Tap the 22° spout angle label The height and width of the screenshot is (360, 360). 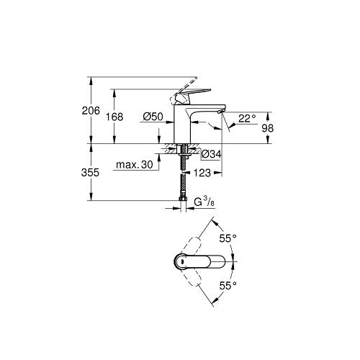(248, 118)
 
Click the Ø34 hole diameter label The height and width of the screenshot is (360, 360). (211, 154)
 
